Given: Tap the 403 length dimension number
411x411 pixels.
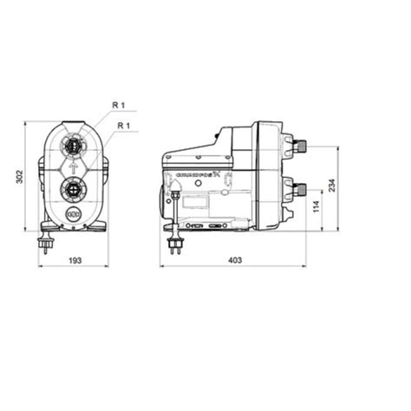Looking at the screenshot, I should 247,259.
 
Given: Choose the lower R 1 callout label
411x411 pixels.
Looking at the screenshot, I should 124,126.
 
